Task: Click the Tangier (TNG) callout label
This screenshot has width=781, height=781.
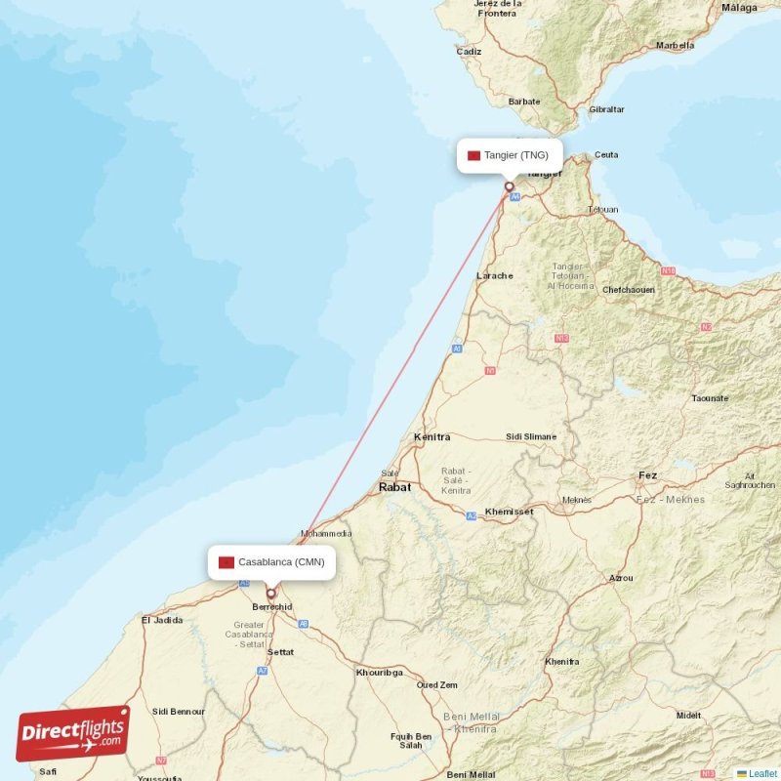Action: pyautogui.click(x=510, y=155)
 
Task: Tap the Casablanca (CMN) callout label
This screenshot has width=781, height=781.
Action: pyautogui.click(x=272, y=562)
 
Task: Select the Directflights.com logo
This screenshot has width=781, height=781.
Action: pyautogui.click(x=72, y=733)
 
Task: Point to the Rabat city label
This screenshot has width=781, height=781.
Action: pyautogui.click(x=394, y=486)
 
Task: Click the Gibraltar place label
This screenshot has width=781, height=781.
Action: pyautogui.click(x=606, y=109)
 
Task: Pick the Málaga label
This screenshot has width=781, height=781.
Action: pyautogui.click(x=739, y=8)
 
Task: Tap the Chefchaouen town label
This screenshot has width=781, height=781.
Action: pyautogui.click(x=629, y=290)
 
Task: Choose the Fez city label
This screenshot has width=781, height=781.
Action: pyautogui.click(x=647, y=475)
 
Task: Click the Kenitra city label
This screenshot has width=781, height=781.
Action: pyautogui.click(x=432, y=436)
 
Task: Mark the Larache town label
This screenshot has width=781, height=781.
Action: pyautogui.click(x=494, y=276)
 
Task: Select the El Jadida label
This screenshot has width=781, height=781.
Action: pyautogui.click(x=162, y=620)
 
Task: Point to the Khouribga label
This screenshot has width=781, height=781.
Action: pyautogui.click(x=379, y=673)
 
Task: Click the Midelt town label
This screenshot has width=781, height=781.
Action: pyautogui.click(x=688, y=716)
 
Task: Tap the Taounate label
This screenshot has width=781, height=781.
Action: pyautogui.click(x=710, y=398)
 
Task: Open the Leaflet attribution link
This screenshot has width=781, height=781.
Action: pyautogui.click(x=761, y=773)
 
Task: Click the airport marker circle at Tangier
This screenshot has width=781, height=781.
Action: pyautogui.click(x=509, y=186)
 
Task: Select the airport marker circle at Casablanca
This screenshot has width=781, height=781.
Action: pyautogui.click(x=271, y=592)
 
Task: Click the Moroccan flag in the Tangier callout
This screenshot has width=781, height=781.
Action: pyautogui.click(x=474, y=155)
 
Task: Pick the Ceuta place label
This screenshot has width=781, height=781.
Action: pyautogui.click(x=606, y=154)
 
